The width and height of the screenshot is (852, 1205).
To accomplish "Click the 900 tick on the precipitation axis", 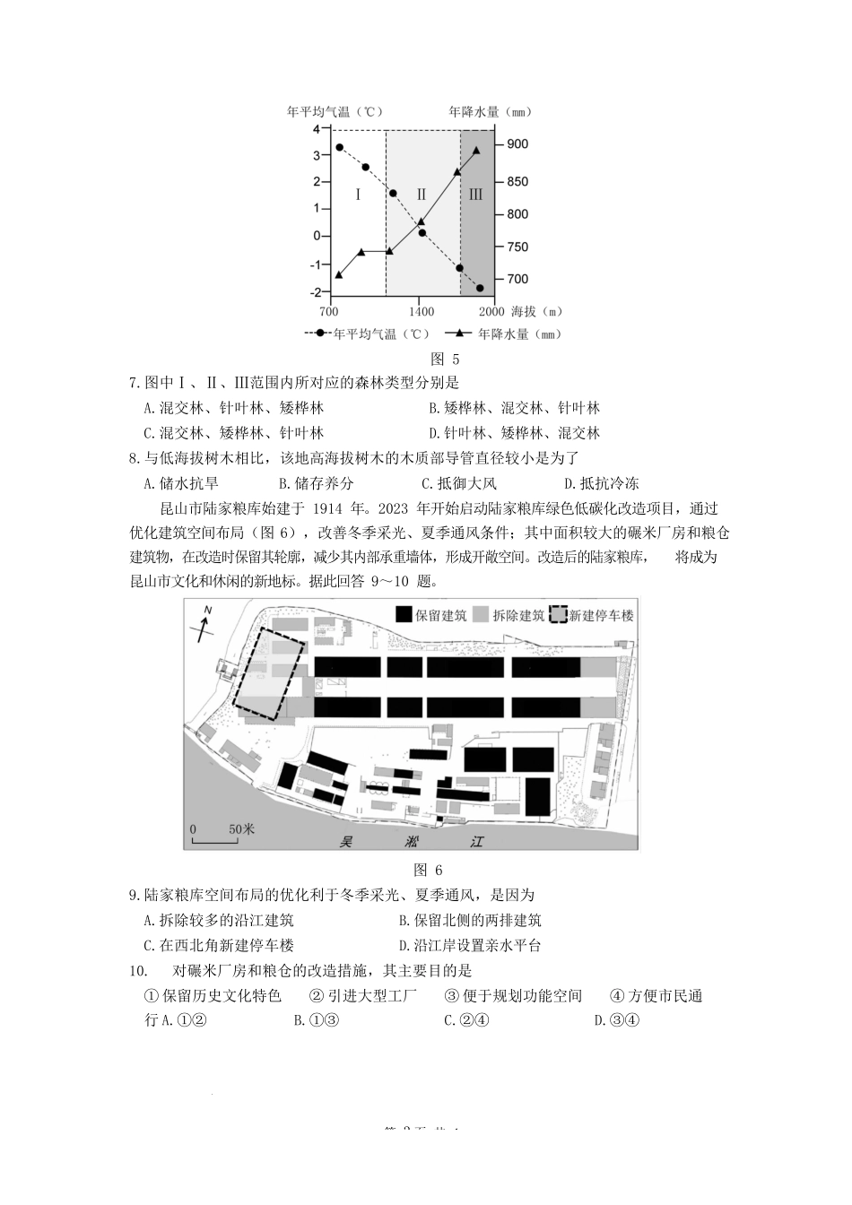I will click(x=518, y=144).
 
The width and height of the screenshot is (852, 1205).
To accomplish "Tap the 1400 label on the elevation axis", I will click(x=422, y=312).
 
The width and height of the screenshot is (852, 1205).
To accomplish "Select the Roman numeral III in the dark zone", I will click(x=475, y=194).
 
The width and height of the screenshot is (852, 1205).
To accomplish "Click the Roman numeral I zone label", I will click(x=358, y=194).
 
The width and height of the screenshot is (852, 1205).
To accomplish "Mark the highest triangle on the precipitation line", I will click(x=476, y=151).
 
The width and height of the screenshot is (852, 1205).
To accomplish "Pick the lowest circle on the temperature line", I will click(x=480, y=288).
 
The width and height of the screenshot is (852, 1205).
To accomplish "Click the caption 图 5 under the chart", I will click(x=439, y=359).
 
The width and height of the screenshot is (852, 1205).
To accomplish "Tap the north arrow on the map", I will click(x=205, y=624).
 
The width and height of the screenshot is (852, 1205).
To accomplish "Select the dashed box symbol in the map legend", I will click(x=560, y=614).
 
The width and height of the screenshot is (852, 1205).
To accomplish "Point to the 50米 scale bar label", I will click(x=241, y=828).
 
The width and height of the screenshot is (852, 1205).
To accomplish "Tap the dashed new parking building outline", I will click(x=269, y=673).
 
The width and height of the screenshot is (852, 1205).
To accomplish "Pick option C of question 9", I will click(x=219, y=945).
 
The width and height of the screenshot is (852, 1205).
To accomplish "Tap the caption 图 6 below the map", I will click(x=428, y=869).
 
